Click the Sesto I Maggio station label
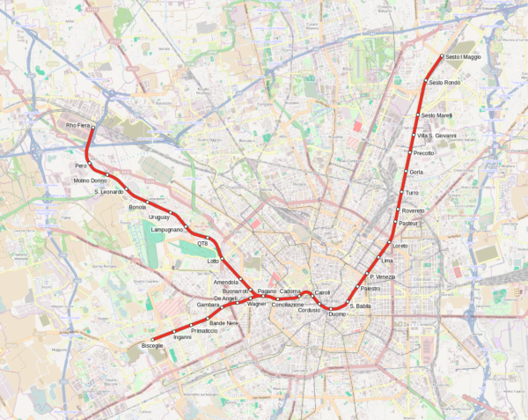tap(464, 57)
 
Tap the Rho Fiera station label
tap(78, 125)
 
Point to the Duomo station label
tap(337, 314)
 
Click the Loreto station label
tap(400, 246)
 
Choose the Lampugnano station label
tap(167, 229)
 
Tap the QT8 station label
tap(202, 243)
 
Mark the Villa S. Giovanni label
tap(436, 136)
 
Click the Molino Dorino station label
tap(89, 181)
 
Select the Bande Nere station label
tap(224, 324)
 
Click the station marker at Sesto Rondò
tap(426, 83)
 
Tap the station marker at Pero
tap(90, 165)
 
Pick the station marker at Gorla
tap(407, 172)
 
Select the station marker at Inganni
tap(174, 331)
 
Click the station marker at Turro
tap(402, 192)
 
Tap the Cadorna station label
tap(290, 291)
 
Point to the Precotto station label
tap(423, 153)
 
